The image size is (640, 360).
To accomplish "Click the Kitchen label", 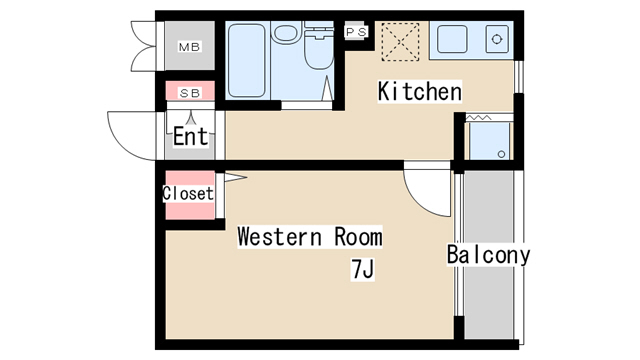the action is point(420,91).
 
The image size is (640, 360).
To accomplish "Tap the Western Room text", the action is point(310,237).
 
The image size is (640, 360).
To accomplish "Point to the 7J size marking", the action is point(362,269).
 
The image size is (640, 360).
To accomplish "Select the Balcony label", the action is point(488,255).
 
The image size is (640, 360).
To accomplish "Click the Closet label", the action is point(188,193).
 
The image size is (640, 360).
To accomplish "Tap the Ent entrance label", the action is point(190,136).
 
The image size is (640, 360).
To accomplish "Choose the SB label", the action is point(190,93).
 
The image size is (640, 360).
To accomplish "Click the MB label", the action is point(189,47).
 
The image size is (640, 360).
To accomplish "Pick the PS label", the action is point(356,32).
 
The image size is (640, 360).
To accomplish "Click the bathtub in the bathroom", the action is point(247,60).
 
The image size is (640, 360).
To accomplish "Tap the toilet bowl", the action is point(319,50).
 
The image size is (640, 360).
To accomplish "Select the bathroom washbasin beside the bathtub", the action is point(286,33).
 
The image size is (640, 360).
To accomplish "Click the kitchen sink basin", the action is point(452,39).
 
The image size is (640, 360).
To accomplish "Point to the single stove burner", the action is point(497,39).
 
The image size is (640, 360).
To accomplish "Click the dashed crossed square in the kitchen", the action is point(400,42).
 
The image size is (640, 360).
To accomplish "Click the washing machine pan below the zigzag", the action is point(489,141).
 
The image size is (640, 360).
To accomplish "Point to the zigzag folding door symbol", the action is point(479,118).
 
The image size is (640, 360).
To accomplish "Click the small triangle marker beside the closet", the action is point(235,178).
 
